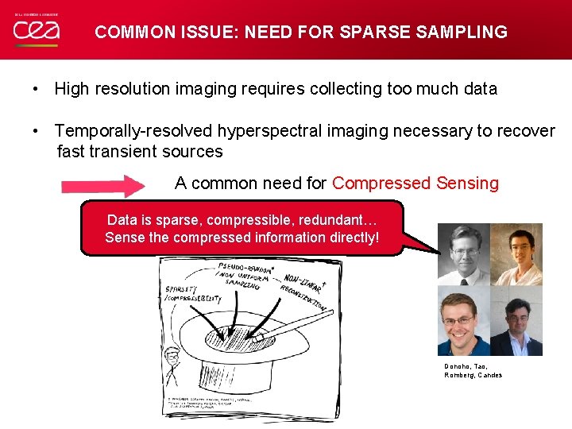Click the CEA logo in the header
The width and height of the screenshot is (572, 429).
(37, 31)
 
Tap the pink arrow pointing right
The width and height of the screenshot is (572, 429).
(102, 187)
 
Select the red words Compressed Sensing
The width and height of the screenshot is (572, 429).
(415, 184)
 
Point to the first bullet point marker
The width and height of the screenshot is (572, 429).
(37, 89)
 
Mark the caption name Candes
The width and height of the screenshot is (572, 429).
(489, 375)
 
